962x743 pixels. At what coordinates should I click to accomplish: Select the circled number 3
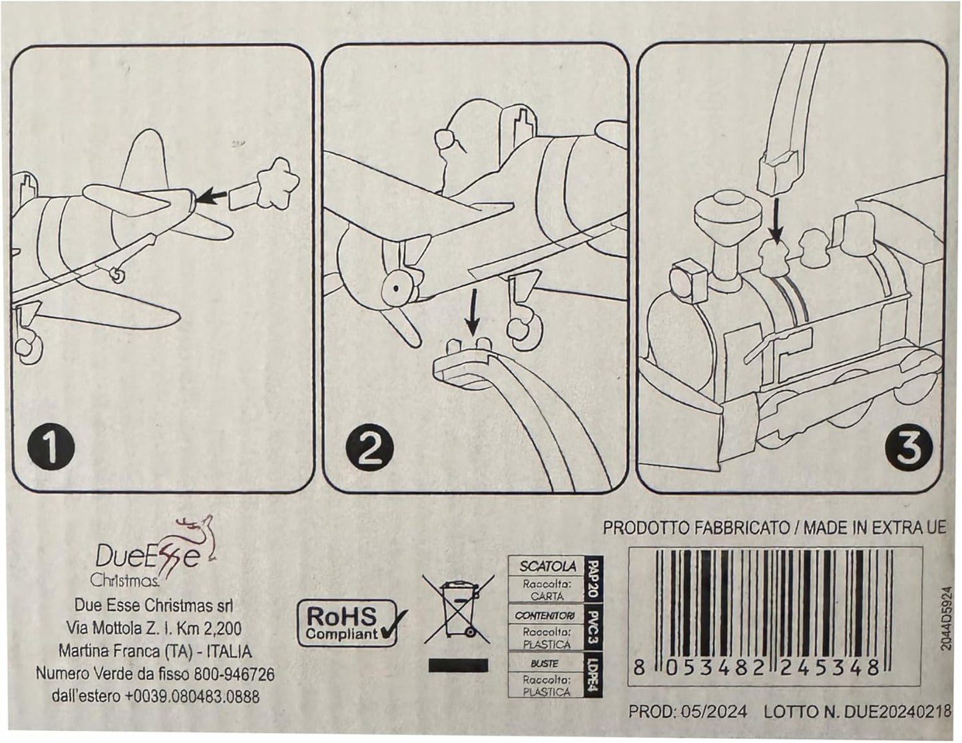pos(909,450)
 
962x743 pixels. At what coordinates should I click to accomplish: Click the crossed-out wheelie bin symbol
pos(457,609)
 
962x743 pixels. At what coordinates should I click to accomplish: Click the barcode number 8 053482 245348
pos(758,668)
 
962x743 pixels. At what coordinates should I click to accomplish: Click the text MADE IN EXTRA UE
pos(875,528)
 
